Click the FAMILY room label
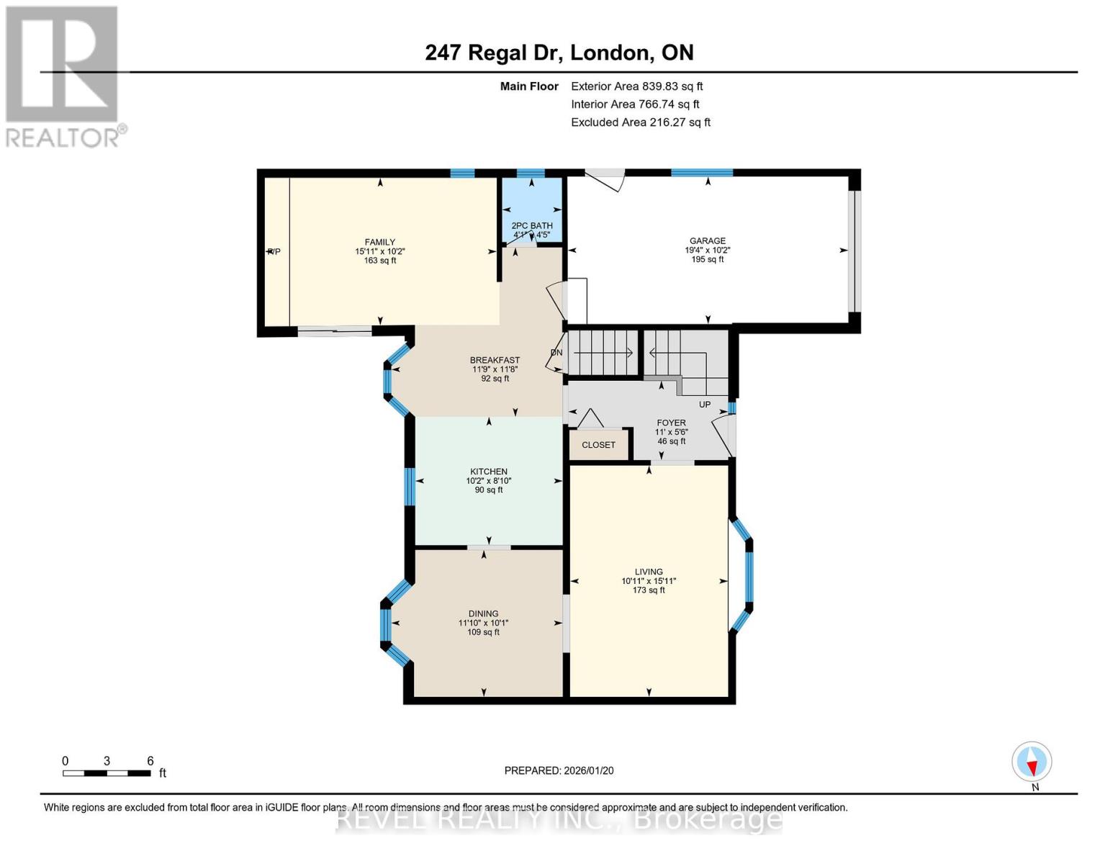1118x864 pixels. point(379,243)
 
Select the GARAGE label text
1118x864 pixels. point(707,241)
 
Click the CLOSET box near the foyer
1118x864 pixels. point(598,445)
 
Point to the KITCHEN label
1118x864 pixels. point(489,472)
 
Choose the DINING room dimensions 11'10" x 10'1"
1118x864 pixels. point(483,624)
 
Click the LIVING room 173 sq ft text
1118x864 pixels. point(649,590)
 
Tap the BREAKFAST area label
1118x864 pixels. point(495,360)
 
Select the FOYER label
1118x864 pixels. point(671,423)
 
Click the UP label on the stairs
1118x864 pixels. point(705,405)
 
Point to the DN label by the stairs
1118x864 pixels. point(556,353)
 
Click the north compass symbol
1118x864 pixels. point(1032,762)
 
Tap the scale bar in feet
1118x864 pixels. point(107,773)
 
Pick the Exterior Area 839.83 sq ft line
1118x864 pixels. point(636,86)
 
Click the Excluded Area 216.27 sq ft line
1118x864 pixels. point(640,122)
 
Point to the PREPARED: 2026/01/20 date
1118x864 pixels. point(559,770)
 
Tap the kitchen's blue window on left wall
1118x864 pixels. point(409,487)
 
